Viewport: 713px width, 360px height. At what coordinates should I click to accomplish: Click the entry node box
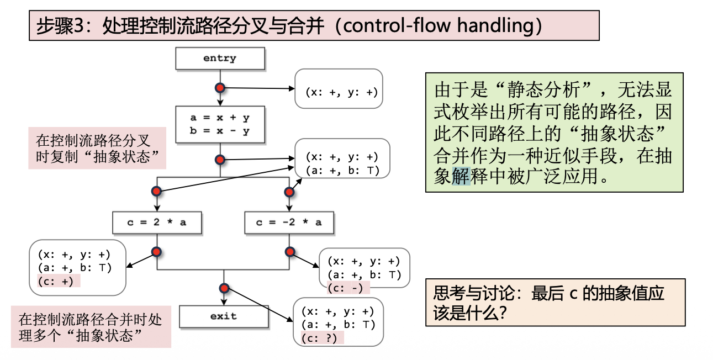point(220,59)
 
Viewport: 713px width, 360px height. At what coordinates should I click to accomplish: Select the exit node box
point(223,316)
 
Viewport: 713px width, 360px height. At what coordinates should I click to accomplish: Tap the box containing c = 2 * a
point(157,223)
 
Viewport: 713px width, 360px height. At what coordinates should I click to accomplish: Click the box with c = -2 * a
point(288,223)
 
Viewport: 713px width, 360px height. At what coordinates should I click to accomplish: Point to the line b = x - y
point(220,131)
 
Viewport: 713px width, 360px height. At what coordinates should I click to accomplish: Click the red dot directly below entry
point(220,88)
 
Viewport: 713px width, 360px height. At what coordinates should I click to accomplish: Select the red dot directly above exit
point(224,288)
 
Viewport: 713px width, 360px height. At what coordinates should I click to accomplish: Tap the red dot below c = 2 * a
point(156,252)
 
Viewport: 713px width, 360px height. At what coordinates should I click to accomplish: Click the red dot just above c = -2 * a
point(288,192)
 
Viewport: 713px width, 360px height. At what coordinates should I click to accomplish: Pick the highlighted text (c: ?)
point(319,338)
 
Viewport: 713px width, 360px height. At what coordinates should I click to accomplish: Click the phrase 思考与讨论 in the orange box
point(476,293)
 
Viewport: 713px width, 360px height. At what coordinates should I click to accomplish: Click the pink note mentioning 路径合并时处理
point(90,327)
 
